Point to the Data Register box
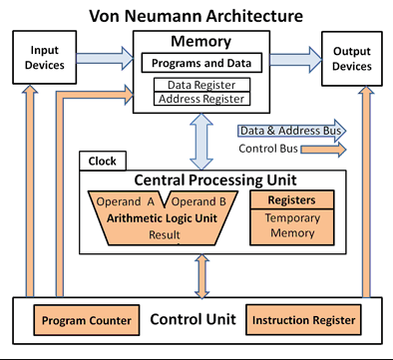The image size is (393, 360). tap(202, 87)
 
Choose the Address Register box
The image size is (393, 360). tap(202, 99)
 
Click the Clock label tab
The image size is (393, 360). tap(102, 161)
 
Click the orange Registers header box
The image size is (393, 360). tap(291, 200)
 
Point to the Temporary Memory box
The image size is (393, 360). tap(291, 225)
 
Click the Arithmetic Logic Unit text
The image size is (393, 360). tap(163, 217)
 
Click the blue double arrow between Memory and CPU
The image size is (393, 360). tap(202, 142)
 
